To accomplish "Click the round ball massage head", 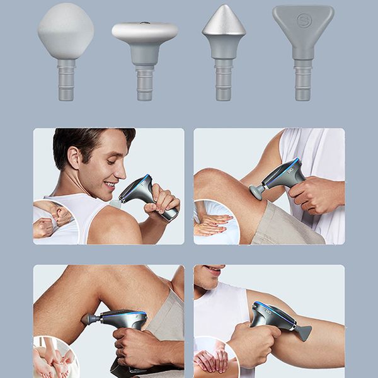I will pos(66,31).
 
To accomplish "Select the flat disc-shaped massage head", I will pos(144,33).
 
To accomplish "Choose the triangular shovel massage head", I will pos(303,25).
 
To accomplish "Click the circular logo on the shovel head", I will pos(303,20).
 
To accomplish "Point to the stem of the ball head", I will pos(66,79).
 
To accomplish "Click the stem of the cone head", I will pos(224,79).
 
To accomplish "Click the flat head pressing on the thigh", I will pos(256,192).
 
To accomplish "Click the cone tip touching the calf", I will pos(86,319).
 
